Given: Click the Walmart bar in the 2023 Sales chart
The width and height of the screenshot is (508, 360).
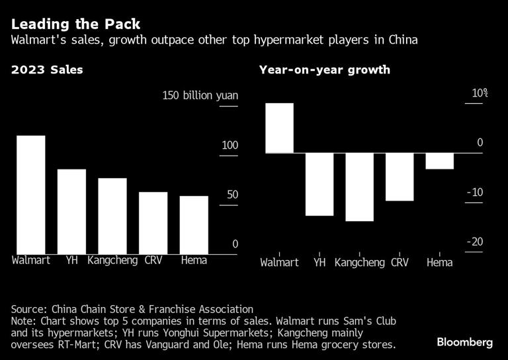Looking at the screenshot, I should tap(31, 194).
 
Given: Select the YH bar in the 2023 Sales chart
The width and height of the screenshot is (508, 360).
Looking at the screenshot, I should tap(71, 211).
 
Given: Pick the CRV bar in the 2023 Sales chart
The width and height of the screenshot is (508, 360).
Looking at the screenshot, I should tap(153, 222).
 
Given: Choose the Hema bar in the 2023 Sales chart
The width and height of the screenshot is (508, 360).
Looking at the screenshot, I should tap(194, 224).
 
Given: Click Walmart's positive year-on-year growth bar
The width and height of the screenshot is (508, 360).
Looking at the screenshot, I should tap(279, 128).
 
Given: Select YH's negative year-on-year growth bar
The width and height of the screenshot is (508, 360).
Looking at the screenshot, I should tap(319, 184).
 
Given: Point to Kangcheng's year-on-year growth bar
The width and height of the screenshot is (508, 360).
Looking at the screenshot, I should tap(359, 187).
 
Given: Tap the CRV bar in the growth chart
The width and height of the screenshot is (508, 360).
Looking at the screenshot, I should tap(400, 177).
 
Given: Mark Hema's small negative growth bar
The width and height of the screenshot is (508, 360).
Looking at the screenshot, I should tap(440, 161).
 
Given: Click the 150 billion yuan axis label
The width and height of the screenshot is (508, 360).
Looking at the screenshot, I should tap(200, 96).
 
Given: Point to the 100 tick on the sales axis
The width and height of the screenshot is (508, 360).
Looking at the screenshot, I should tap(229, 145).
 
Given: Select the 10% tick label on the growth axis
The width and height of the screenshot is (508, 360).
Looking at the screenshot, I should tap(479, 93).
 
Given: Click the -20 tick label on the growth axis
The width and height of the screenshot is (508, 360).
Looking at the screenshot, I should tap(474, 242).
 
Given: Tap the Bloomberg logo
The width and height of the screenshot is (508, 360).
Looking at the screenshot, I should tap(464, 342).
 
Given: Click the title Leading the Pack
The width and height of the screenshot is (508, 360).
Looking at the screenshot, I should tap(75, 24).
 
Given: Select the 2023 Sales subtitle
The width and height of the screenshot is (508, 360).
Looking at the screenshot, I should tap(47, 69).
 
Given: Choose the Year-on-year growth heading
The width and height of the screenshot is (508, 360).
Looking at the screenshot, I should tap(324, 69).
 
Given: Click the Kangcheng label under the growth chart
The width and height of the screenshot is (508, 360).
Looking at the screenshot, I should tap(359, 263).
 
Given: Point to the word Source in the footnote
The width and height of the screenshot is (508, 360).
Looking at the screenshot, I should tap(28, 309).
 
